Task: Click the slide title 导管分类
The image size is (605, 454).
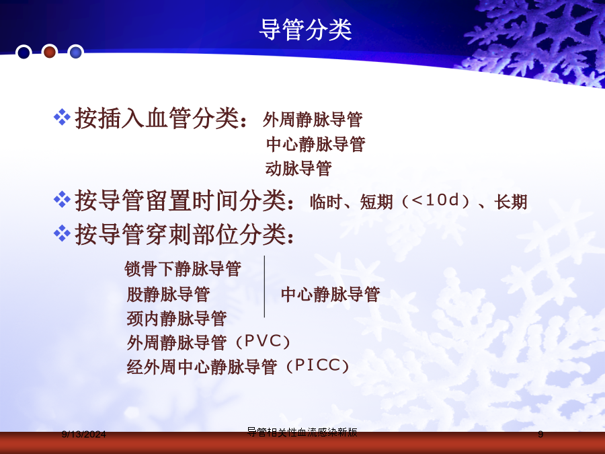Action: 305,30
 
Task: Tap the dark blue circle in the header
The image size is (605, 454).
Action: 24,52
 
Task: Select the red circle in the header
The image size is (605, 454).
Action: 50,51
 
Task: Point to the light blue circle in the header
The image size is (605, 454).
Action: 75,52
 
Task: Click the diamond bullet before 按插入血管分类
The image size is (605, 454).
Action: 62,117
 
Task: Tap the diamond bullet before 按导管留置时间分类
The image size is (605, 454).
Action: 62,200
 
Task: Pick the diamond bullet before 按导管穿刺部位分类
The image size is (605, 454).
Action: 62,233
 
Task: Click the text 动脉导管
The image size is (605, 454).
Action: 298,168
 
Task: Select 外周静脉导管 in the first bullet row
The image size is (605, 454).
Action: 313,119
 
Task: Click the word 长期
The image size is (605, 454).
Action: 511,202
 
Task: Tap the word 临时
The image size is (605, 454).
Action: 326,202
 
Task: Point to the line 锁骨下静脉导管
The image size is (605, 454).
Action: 183,268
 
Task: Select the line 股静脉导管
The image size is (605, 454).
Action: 168,294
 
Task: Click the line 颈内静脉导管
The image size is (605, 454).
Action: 177,319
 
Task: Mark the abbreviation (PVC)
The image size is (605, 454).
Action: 262,342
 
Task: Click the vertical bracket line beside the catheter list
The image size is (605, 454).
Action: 264,287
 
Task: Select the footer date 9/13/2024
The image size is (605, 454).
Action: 84,434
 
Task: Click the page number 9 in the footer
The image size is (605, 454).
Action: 540,434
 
